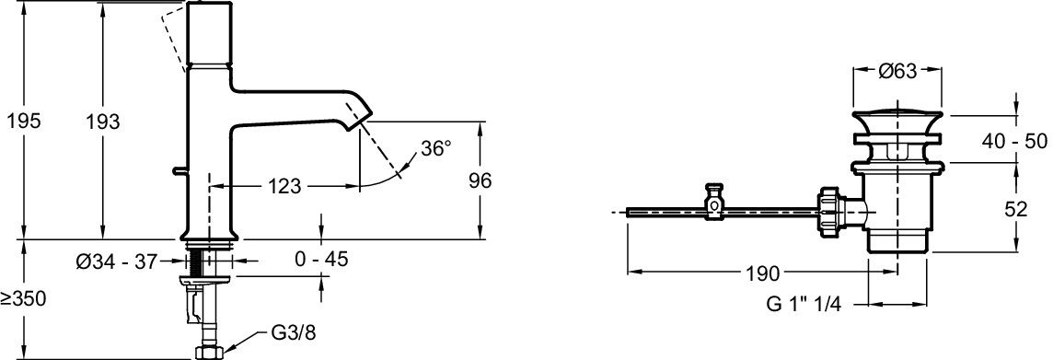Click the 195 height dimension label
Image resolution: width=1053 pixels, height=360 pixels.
click(24, 121)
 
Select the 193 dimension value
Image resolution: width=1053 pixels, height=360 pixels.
click(102, 121)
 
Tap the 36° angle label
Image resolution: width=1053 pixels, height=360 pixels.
click(436, 147)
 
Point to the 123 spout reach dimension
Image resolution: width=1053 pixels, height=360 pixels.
click(284, 186)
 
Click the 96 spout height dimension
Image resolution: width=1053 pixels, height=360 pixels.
click(480, 180)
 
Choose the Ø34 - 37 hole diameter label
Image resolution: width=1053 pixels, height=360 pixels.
click(117, 261)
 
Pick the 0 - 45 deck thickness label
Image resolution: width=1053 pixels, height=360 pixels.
click(322, 259)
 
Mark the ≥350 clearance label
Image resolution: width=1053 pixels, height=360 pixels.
click(24, 299)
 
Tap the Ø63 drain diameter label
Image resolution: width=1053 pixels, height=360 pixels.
click(897, 71)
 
